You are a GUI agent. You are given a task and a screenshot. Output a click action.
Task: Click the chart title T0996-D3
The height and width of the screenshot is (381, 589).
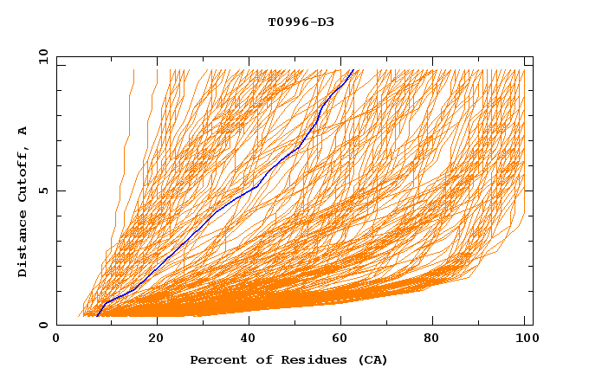tap(301, 22)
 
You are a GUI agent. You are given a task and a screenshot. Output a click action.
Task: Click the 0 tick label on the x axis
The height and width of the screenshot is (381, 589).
tap(56, 339)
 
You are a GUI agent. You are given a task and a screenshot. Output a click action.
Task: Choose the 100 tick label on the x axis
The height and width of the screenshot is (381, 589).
tap(524, 339)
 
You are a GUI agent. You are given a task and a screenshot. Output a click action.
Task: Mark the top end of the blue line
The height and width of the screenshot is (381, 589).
tap(353, 69)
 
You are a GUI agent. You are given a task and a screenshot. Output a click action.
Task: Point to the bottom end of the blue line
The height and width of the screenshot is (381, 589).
tap(97, 315)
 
